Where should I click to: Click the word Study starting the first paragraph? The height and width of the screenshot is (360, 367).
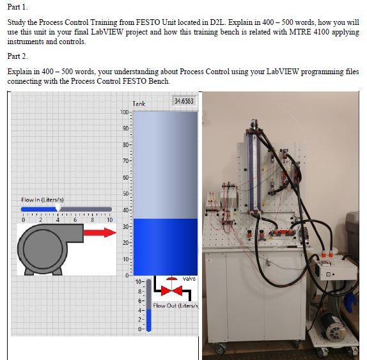click(18, 22)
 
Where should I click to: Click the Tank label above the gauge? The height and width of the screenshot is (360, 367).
click(139, 104)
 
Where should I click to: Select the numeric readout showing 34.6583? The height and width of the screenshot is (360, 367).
click(184, 102)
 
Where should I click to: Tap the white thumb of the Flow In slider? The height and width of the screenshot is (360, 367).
click(59, 208)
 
